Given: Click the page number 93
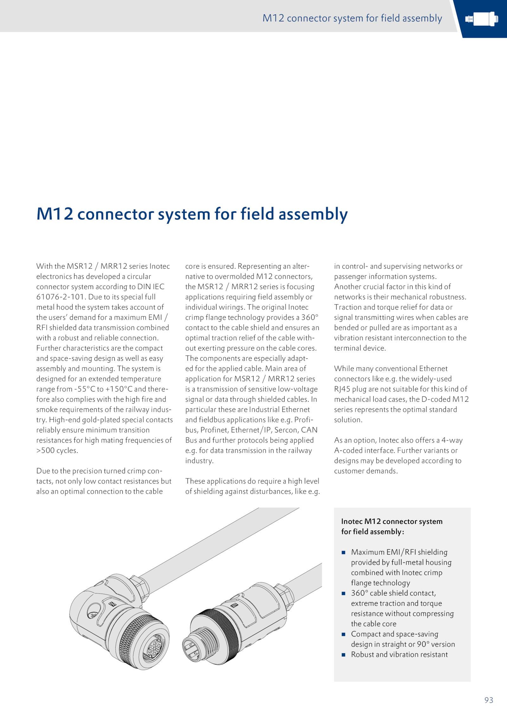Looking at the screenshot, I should pos(489,700).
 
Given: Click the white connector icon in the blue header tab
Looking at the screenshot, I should pos(481,19).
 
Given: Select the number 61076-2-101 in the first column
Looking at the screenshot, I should pos(60,297).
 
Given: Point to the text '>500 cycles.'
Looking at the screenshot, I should pos(57,451).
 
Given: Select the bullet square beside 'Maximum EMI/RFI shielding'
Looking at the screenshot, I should pos(343,552).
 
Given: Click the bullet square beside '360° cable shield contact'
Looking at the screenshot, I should pos(343,593).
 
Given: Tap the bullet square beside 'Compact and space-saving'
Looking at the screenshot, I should pos(343,634).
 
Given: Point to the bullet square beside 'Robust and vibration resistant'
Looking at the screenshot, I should pos(343,655).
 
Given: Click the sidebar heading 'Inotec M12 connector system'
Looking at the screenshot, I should pos(392,521).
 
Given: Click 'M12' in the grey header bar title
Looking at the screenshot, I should pos(273,18).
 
